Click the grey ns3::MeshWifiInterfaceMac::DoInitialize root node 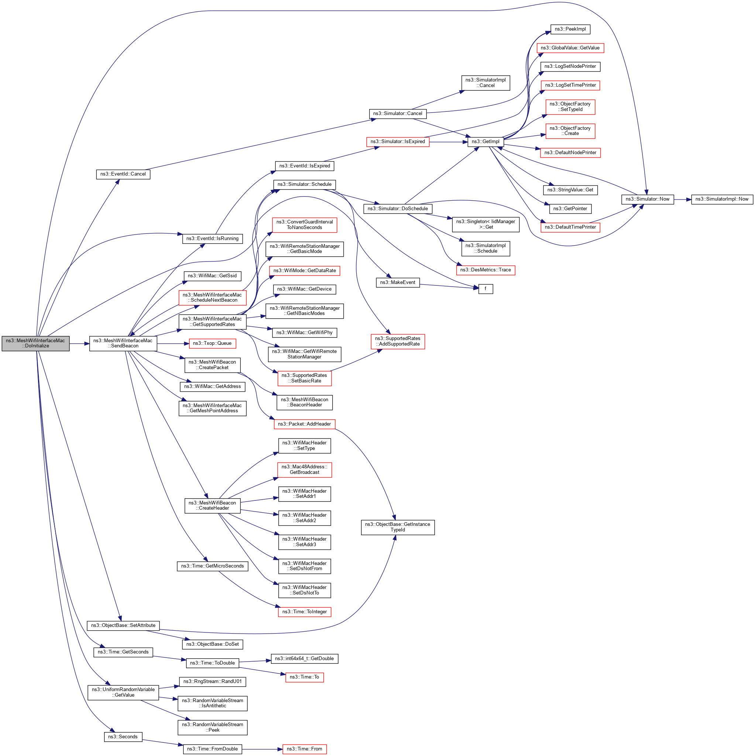[x=35, y=343]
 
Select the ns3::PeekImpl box [x=570, y=30]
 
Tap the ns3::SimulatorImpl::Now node [x=721, y=199]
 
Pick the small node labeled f [x=485, y=289]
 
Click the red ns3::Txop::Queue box [x=212, y=343]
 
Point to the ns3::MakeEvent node [x=397, y=282]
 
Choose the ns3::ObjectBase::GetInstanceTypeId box [x=397, y=527]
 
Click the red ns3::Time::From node [x=304, y=749]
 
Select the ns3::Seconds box [x=123, y=737]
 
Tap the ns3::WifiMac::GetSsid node [x=212, y=276]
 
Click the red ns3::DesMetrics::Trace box [x=485, y=270]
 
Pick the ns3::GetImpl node [x=485, y=142]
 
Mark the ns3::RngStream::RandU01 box [x=212, y=682]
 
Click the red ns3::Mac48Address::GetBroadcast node [x=304, y=469]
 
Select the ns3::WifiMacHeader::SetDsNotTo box [x=304, y=590]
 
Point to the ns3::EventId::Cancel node [x=123, y=174]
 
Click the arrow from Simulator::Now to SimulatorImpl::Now [x=682, y=200]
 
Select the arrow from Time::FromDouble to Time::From [x=261, y=749]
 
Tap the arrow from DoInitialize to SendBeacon [x=79, y=344]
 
